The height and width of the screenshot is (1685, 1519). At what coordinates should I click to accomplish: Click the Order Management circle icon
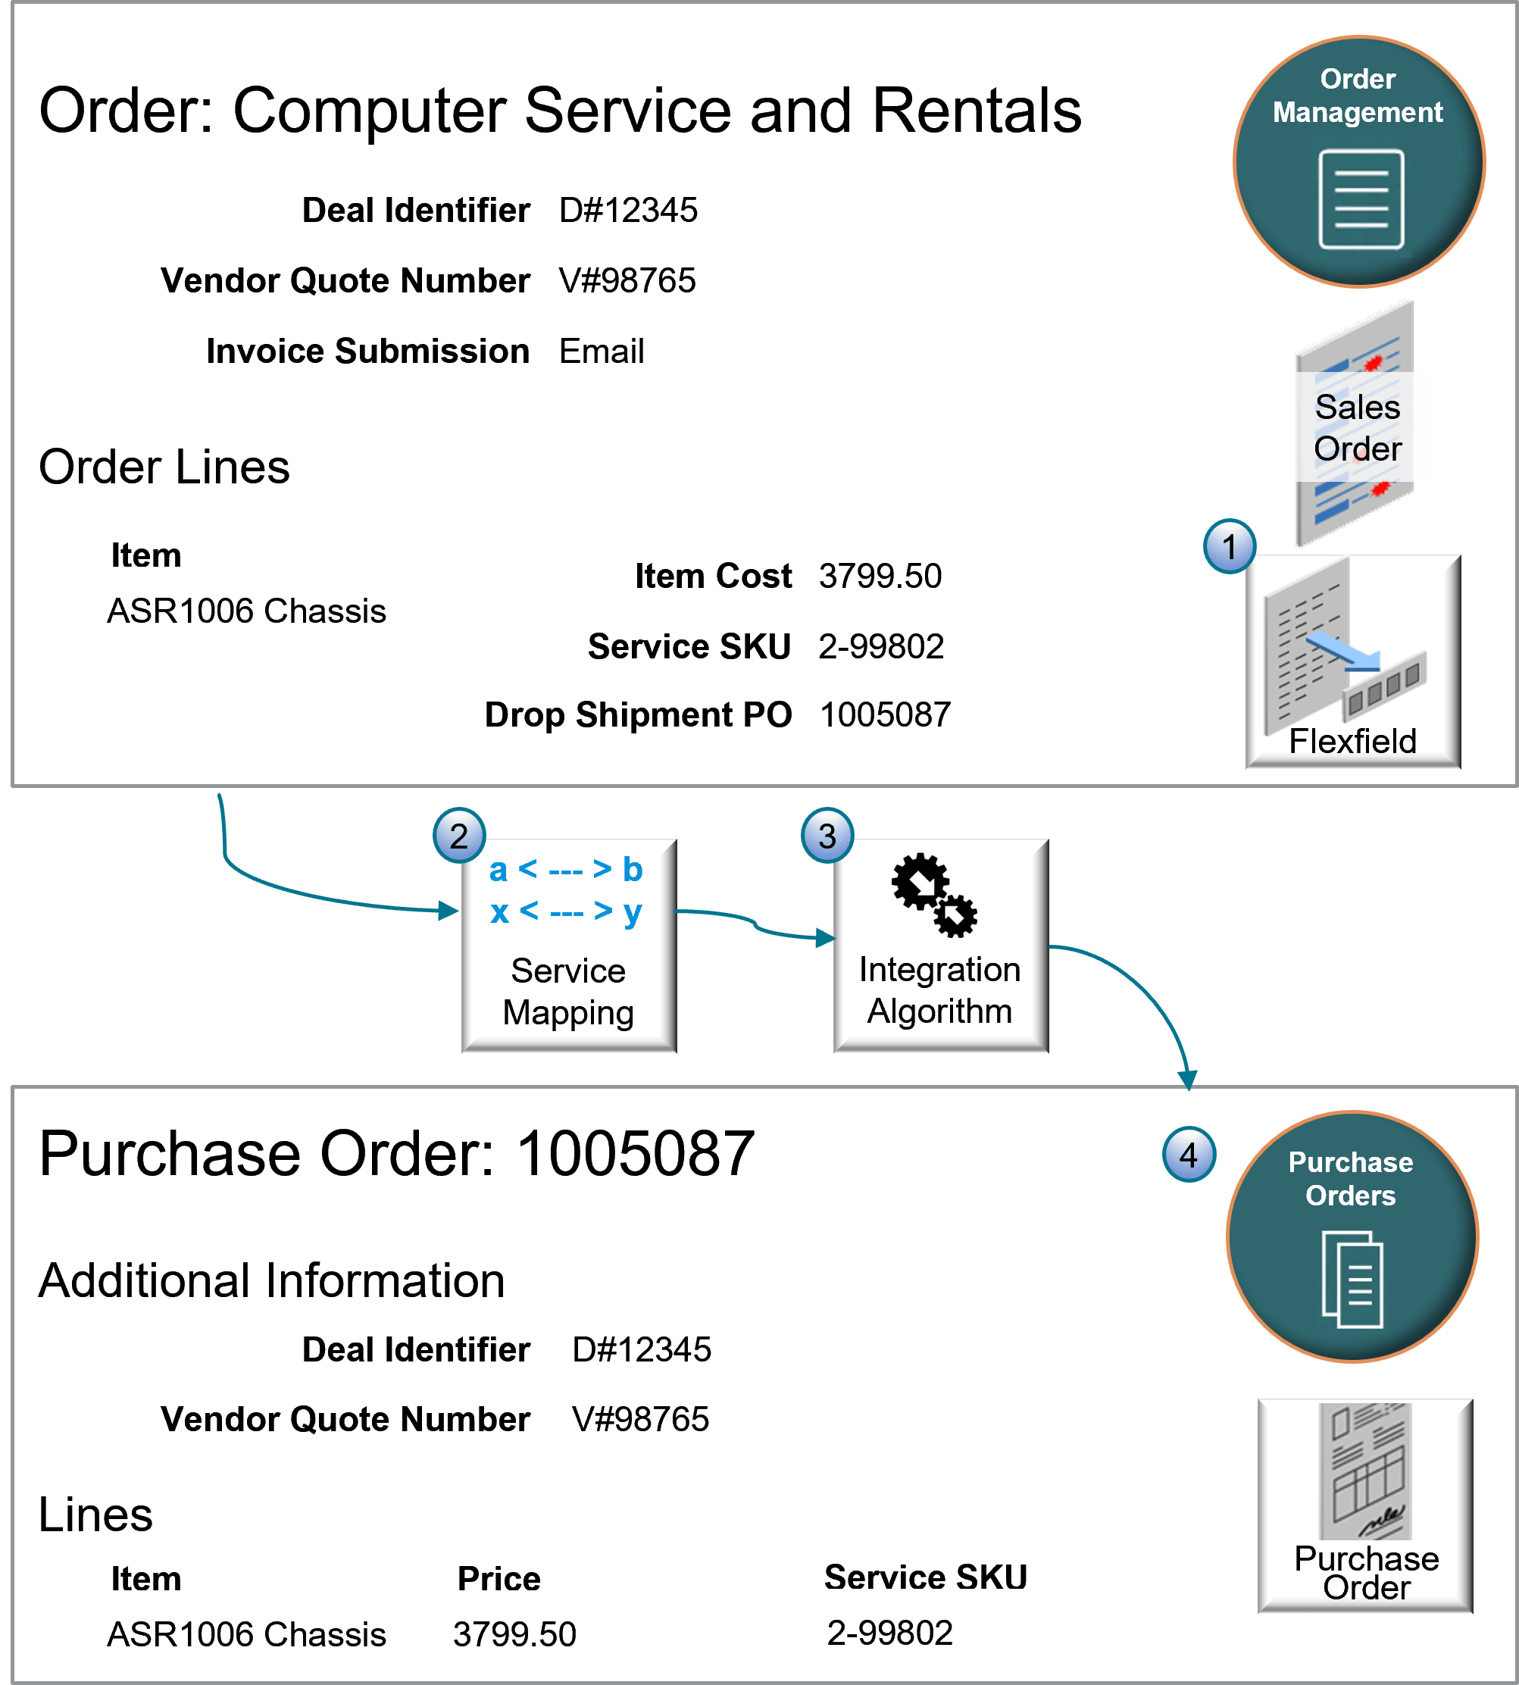coord(1358,161)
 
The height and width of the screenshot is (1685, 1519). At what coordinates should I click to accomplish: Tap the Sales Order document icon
coord(1355,424)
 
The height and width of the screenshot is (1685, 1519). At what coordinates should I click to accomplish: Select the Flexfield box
coord(1353,661)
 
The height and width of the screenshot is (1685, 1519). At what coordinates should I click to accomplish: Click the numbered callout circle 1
coord(1230,547)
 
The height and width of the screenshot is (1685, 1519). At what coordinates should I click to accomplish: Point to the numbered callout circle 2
coord(459,836)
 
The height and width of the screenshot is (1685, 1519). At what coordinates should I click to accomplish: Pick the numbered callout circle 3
coord(827,836)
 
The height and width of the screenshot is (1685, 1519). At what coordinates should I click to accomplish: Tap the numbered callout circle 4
coord(1189,1155)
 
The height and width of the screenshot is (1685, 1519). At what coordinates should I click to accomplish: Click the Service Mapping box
coord(569,946)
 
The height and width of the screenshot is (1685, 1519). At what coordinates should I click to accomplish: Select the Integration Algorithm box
coord(941,946)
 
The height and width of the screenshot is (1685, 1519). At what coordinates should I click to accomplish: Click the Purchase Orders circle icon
coord(1352,1236)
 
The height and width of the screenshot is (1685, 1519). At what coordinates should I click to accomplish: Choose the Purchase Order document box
coord(1365,1505)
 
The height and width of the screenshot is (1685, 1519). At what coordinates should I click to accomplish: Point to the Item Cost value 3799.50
coord(880,576)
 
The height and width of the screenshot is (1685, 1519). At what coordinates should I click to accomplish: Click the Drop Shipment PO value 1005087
coord(885,714)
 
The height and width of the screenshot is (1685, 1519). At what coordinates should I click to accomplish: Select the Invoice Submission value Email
coord(601,351)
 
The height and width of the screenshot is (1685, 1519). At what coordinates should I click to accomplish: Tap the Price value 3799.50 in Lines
coord(514,1634)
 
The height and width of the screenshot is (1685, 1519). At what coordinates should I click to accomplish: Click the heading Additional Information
coord(272,1280)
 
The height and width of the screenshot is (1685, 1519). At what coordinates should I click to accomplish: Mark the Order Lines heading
coord(164,467)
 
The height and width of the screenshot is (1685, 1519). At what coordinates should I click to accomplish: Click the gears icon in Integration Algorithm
coord(934,895)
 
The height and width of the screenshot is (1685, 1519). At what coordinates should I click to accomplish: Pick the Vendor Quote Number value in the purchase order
coord(640,1419)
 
